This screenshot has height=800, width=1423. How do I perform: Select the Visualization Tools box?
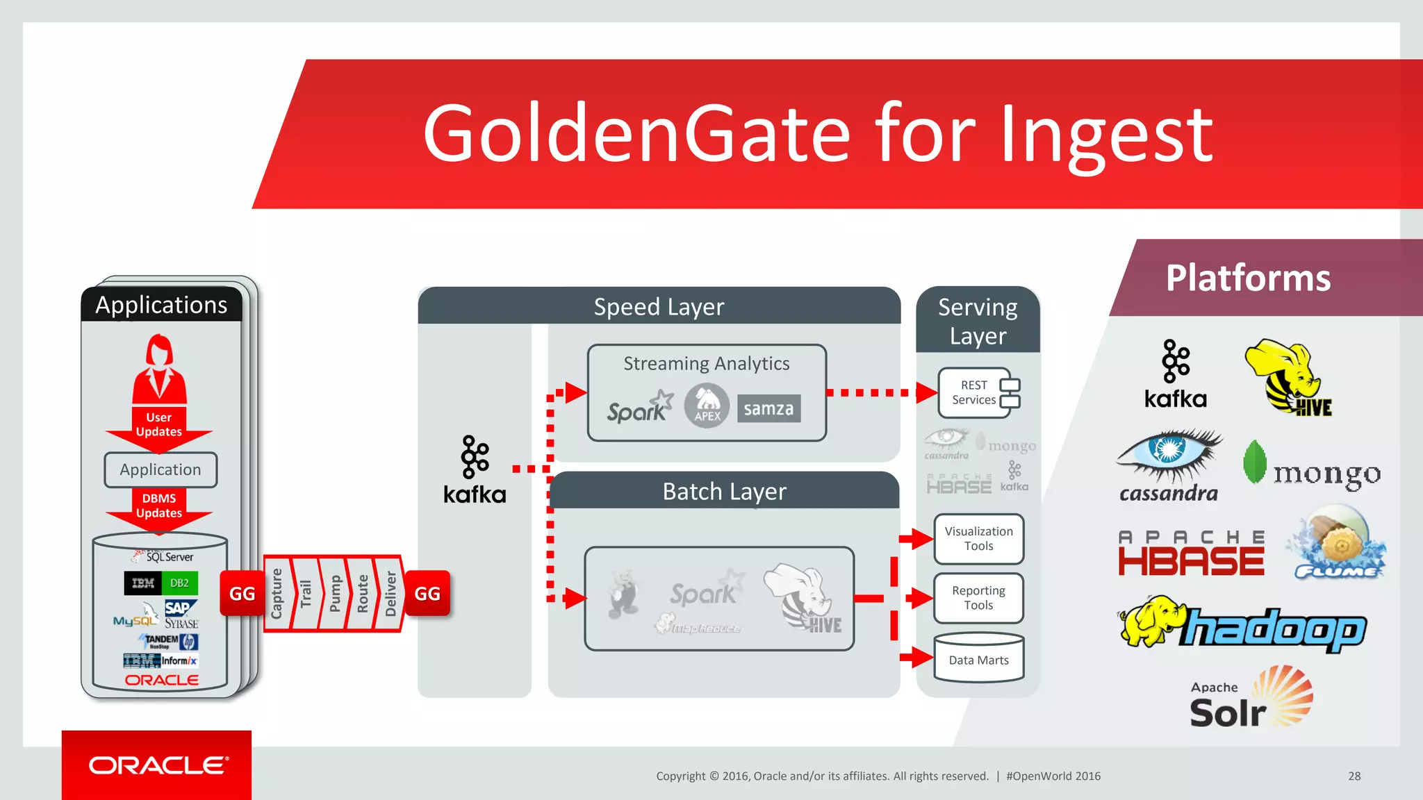(978, 539)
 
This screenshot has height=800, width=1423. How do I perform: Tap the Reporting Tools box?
(978, 598)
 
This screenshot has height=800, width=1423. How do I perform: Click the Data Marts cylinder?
(978, 658)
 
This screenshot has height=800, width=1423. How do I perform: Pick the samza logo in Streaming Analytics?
(768, 409)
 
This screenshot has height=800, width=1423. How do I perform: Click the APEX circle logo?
(707, 406)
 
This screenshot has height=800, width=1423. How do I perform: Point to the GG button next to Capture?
(242, 594)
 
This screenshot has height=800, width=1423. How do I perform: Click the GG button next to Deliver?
(427, 594)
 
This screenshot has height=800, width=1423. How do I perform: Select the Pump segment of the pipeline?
(335, 594)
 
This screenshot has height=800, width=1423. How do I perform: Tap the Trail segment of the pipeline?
(306, 594)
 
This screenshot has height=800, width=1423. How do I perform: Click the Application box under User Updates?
(161, 470)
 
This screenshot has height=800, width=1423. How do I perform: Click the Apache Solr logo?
(1251, 698)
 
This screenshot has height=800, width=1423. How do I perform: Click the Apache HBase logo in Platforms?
(1191, 553)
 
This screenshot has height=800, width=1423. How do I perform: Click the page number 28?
(1354, 776)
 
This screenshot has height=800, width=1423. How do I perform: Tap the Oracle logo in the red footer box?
(158, 765)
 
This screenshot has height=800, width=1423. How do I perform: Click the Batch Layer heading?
(724, 492)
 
